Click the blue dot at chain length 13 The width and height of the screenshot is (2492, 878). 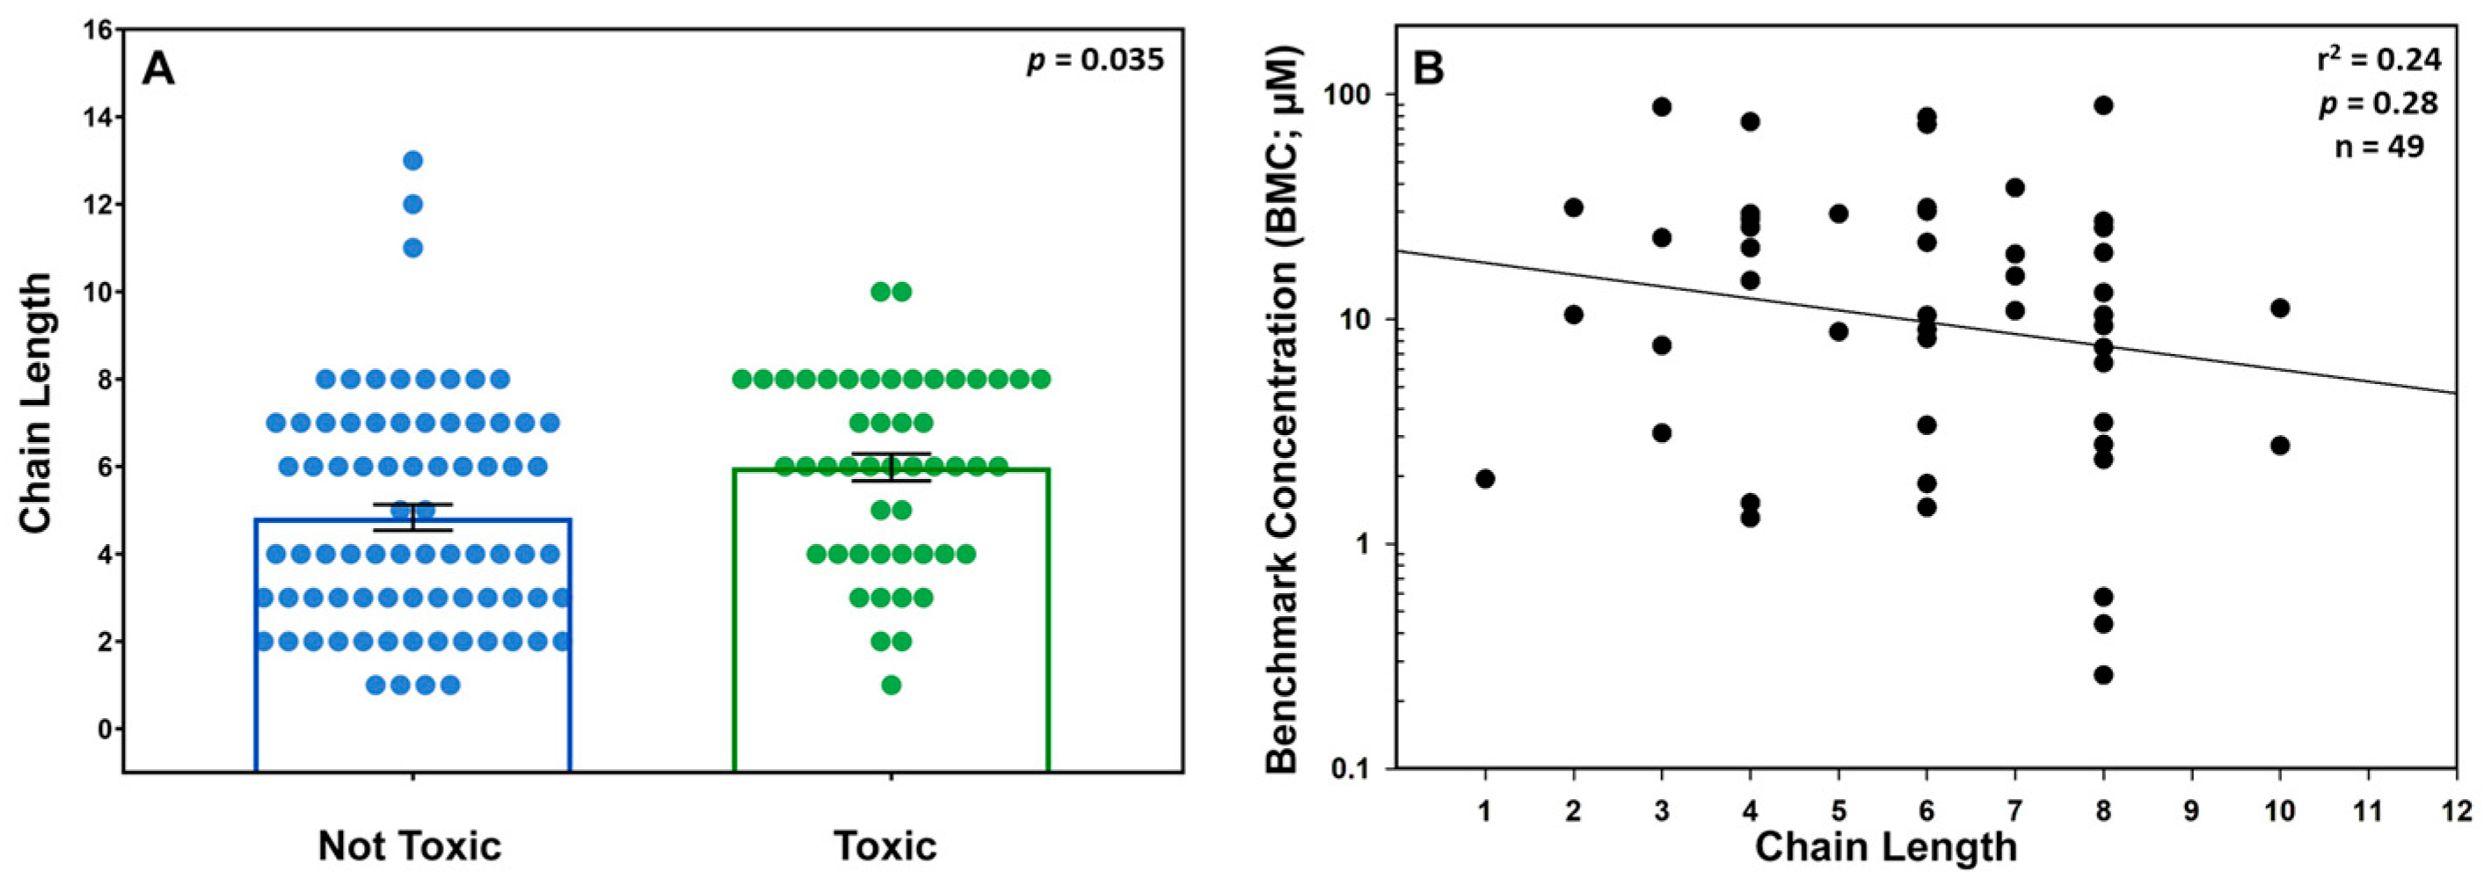click(x=413, y=161)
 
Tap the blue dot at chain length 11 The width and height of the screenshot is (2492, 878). click(x=413, y=248)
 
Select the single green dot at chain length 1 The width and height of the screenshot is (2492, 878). click(x=891, y=686)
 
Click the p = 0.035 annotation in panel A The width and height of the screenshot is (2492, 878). click(x=1095, y=61)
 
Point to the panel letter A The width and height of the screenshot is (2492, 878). click(x=158, y=69)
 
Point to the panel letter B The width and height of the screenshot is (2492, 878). click(x=1429, y=69)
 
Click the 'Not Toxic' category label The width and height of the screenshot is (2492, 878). click(x=409, y=846)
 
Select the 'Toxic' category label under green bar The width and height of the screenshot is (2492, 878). click(x=885, y=846)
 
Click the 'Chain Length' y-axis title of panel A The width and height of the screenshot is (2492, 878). click(x=37, y=403)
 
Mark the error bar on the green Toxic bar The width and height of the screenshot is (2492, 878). click(x=891, y=467)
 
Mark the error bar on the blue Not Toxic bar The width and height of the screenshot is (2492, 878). click(x=413, y=518)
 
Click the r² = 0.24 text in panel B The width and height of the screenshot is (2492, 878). click(x=2379, y=60)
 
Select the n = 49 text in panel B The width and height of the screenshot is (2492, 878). click(x=2379, y=147)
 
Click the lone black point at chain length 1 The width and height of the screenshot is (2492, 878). click(x=1486, y=479)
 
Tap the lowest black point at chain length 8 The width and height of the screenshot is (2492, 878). click(x=2103, y=675)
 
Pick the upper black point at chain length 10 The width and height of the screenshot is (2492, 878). click(x=2280, y=308)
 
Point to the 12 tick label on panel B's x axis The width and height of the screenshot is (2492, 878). click(x=2456, y=810)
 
